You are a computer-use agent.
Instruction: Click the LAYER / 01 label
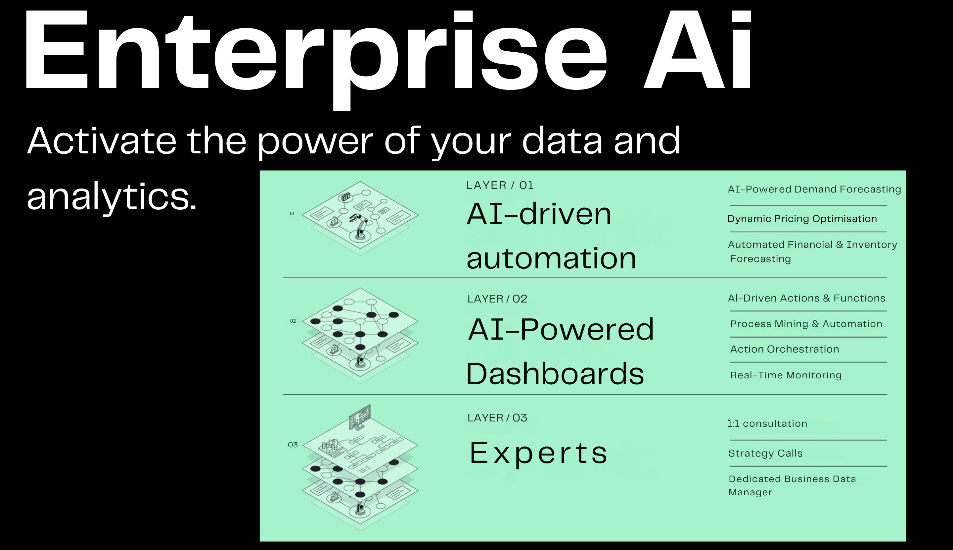500,185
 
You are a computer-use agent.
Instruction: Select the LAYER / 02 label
497,299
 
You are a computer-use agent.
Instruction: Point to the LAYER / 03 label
497,418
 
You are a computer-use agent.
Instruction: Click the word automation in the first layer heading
551,258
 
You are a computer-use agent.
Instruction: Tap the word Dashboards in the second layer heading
555,373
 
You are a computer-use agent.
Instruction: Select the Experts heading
538,453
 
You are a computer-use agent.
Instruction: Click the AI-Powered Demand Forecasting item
814,189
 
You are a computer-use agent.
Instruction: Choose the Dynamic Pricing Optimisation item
802,219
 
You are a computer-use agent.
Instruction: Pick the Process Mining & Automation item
806,324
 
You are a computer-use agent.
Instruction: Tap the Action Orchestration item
785,349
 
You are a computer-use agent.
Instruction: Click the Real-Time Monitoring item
786,375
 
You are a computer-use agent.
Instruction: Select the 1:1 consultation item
767,423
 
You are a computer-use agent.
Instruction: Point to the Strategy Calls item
765,453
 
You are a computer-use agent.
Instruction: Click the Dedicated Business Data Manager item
792,485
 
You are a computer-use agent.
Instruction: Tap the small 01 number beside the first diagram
292,213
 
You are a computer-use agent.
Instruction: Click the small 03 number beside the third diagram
293,445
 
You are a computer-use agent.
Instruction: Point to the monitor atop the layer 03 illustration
360,417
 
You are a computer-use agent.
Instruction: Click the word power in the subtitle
315,142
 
